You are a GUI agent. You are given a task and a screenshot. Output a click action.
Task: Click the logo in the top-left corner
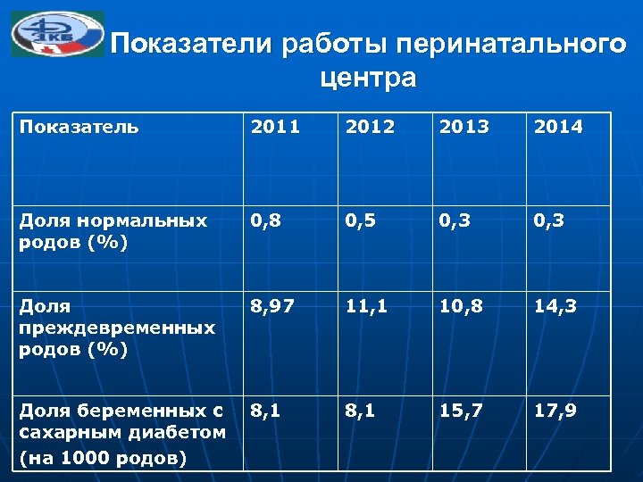[57, 35]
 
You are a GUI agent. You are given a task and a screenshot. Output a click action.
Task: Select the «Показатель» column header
[79, 127]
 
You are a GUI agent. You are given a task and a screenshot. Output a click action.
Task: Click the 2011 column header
[275, 127]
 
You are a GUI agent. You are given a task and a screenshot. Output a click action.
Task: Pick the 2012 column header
[370, 127]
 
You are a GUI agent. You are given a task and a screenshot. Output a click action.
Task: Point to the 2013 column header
[464, 127]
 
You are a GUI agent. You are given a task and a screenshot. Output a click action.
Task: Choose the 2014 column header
[558, 127]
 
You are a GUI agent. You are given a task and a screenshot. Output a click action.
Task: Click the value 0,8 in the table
[268, 220]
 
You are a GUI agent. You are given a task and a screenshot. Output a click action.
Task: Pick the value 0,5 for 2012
[362, 220]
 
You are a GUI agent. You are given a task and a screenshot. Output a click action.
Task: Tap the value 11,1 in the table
[367, 308]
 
